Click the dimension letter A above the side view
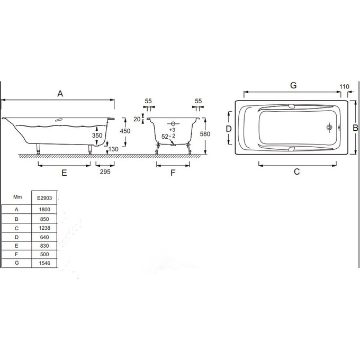tap(60, 94)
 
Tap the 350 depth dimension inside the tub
tap(97, 136)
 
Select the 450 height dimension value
tap(125, 131)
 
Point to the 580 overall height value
tap(205, 134)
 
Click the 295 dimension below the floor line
tap(105, 172)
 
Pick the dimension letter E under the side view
tap(64, 173)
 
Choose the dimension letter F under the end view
tap(173, 173)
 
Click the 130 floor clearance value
tap(113, 149)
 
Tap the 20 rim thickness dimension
tap(137, 119)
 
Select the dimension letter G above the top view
tap(293, 85)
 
